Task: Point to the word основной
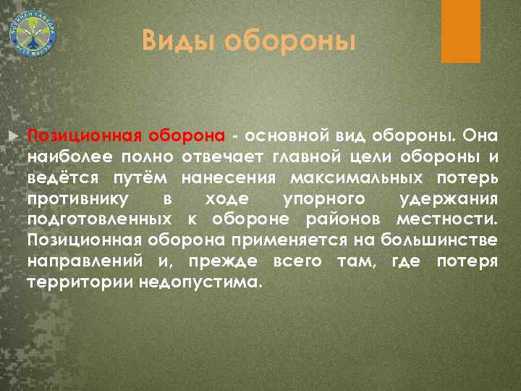coord(286,135)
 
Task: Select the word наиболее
coord(64,156)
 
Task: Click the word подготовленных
coord(99,219)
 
